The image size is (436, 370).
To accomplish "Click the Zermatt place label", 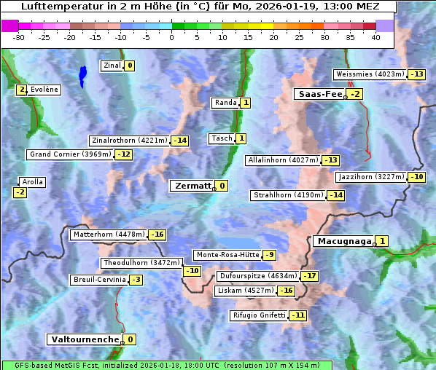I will tap(192, 186).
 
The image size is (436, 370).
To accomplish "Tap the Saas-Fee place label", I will tap(319, 94).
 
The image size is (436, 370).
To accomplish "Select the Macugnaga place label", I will tap(343, 241).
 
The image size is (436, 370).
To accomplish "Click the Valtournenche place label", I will tap(84, 339).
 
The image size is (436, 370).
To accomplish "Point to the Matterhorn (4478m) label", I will tap(108, 235).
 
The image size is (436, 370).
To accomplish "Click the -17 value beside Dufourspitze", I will tap(310, 276).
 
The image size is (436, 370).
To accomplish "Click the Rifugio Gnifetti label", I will tap(258, 315).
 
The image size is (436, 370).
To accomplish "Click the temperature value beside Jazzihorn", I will tap(416, 177).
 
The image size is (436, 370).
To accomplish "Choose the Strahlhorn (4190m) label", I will tap(287, 195).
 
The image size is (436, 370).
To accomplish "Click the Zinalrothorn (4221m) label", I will tap(129, 141).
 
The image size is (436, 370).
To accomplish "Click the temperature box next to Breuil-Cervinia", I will tap(136, 280).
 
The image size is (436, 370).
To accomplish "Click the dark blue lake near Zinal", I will tap(82, 74).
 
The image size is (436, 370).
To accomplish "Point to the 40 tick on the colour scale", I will tap(375, 36).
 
